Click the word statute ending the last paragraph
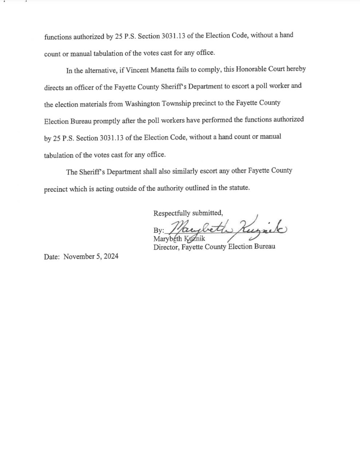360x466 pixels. (238, 188)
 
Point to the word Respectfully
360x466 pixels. (172, 212)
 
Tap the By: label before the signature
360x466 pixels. (159, 230)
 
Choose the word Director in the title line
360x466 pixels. (166, 247)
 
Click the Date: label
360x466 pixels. (52, 256)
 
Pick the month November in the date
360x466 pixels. (80, 256)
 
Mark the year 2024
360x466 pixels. (111, 256)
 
